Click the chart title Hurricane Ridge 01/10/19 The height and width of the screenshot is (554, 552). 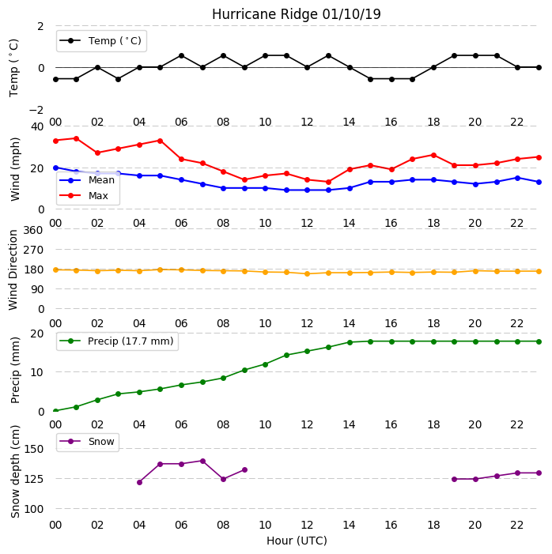point(297,14)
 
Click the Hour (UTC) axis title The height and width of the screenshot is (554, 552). point(297,541)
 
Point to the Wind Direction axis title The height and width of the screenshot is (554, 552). point(13,270)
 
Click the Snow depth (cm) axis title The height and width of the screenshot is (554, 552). point(15,472)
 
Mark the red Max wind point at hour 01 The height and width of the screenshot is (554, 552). point(77,138)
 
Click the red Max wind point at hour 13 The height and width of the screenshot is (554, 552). point(328,182)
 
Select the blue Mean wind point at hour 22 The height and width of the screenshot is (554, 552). point(518,178)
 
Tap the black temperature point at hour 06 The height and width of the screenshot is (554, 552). point(181,56)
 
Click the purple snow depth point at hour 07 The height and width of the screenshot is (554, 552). point(203,461)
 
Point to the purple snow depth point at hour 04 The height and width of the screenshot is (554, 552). point(140,482)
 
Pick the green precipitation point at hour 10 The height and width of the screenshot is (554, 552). point(266,364)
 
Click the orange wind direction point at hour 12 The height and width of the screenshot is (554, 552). point(308,273)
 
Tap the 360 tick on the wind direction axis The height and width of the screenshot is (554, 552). point(33,230)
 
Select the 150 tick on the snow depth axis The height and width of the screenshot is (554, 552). point(34,449)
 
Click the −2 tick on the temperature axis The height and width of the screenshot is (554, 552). point(36,110)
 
